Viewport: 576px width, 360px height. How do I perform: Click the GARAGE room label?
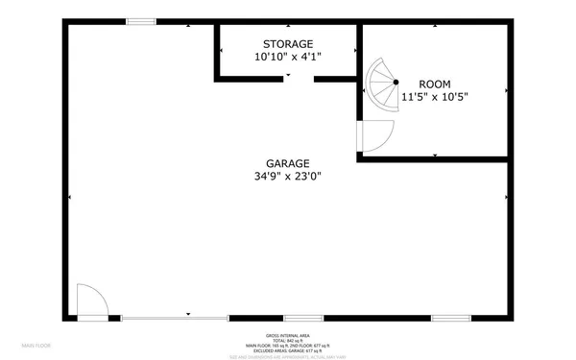tap(288, 162)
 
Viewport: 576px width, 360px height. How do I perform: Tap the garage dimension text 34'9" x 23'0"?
tap(288, 176)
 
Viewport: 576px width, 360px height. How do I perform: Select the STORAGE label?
tap(288, 44)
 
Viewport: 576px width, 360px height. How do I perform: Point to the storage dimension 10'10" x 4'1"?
tap(288, 58)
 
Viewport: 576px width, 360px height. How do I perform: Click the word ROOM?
tap(434, 84)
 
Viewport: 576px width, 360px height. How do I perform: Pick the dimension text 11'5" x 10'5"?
tap(434, 96)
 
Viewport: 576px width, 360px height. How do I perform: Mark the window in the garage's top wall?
tap(142, 21)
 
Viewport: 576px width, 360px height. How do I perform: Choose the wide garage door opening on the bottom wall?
tap(174, 318)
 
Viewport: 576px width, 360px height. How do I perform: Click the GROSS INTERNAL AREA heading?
tap(288, 336)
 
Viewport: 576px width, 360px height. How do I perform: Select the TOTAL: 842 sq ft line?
tap(288, 341)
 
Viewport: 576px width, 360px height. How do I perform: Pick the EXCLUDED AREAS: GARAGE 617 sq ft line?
tap(288, 350)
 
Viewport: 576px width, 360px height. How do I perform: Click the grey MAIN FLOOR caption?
tap(36, 344)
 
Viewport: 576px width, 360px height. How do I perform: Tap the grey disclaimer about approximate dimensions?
tap(288, 356)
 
